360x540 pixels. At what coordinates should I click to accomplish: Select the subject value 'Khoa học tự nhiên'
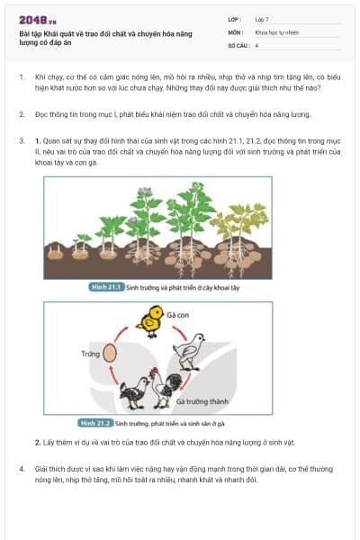click(276, 31)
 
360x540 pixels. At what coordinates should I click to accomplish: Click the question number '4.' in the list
click(22, 469)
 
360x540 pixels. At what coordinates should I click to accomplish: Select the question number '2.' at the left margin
click(22, 114)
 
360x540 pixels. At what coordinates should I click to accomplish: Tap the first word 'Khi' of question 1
click(40, 78)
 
